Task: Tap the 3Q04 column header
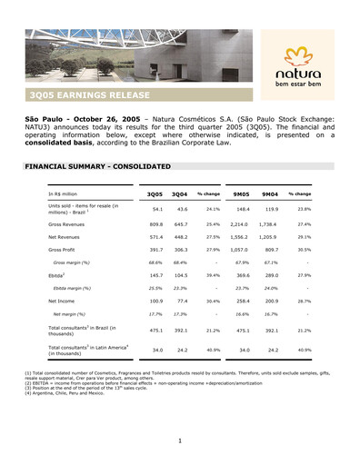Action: [x=179, y=194]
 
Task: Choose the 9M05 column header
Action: [x=242, y=194]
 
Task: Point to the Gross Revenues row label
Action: [x=69, y=223]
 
